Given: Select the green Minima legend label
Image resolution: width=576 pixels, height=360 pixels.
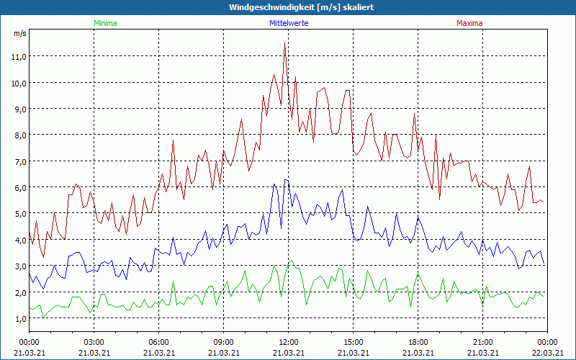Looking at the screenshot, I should pyautogui.click(x=104, y=23).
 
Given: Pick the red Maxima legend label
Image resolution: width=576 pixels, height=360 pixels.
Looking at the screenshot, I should pyautogui.click(x=469, y=23).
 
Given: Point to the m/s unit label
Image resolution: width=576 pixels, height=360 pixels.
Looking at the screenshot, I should pyautogui.click(x=19, y=33).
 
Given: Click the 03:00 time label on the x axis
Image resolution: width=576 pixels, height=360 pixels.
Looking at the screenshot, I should pyautogui.click(x=94, y=341).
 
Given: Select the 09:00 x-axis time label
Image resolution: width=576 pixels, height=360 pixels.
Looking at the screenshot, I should pyautogui.click(x=224, y=341).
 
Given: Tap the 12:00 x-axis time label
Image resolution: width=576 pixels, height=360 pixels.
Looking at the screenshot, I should pyautogui.click(x=289, y=341).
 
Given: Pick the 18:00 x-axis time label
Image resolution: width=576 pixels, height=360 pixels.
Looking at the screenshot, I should pyautogui.click(x=418, y=341).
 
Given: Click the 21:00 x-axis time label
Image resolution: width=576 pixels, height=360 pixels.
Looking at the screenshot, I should pyautogui.click(x=483, y=341).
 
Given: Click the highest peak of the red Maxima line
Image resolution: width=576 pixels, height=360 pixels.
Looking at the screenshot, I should pyautogui.click(x=285, y=45).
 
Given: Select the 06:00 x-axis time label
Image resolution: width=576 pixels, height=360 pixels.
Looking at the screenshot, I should pyautogui.click(x=159, y=341).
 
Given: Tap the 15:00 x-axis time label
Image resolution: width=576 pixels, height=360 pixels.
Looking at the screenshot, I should pyautogui.click(x=354, y=341).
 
